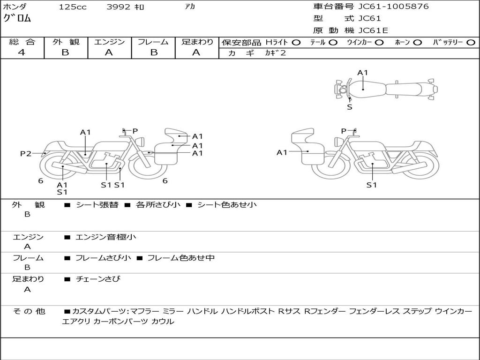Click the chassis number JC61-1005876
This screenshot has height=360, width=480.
click(393, 7)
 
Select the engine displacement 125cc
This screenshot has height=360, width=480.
click(73, 7)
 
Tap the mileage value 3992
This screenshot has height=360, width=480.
click(119, 7)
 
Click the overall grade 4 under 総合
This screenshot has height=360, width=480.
click(22, 52)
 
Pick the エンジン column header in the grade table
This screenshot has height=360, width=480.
click(109, 42)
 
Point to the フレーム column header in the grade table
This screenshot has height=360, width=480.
click(153, 42)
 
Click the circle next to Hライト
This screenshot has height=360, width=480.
click(296, 43)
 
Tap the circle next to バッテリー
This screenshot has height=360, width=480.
click(471, 43)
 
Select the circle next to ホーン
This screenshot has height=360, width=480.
click(418, 43)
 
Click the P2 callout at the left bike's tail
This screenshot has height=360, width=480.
click(26, 153)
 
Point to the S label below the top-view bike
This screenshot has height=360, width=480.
click(350, 107)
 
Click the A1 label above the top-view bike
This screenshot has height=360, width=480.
click(362, 73)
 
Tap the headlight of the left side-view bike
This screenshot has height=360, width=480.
click(141, 142)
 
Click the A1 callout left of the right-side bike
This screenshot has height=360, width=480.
click(282, 152)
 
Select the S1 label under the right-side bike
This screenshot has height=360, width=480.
click(372, 185)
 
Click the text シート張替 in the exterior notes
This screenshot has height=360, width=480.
click(97, 204)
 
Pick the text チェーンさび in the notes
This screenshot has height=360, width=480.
click(98, 279)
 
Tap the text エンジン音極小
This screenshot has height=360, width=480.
click(105, 237)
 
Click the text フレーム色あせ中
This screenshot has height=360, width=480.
click(181, 258)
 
